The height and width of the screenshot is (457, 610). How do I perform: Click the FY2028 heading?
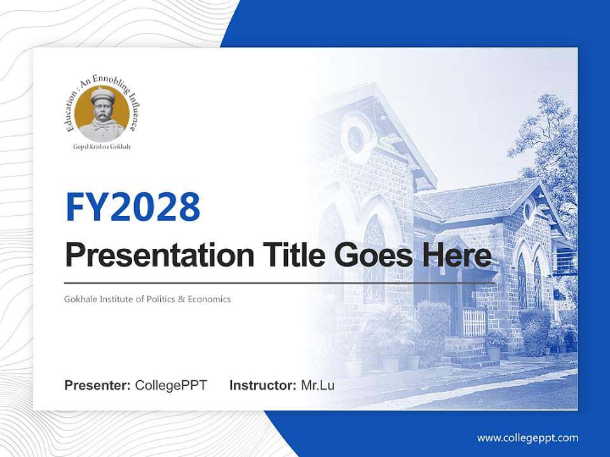click(x=133, y=206)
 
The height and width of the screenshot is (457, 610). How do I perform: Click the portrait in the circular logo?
click(x=102, y=115)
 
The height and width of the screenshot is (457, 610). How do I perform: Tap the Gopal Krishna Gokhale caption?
click(x=102, y=147)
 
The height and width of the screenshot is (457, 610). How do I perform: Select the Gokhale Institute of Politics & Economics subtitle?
click(x=147, y=298)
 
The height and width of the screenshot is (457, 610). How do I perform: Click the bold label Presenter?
click(x=98, y=385)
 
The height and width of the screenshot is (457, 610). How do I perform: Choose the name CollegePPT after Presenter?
click(x=171, y=385)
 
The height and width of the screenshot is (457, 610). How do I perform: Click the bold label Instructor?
click(x=262, y=385)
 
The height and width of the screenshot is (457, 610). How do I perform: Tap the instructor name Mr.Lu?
click(x=318, y=385)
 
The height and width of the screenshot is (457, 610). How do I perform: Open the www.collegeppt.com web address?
click(x=527, y=437)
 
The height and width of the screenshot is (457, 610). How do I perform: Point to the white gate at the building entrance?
click(x=473, y=322)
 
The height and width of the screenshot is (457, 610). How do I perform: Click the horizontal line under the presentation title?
click(x=280, y=282)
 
